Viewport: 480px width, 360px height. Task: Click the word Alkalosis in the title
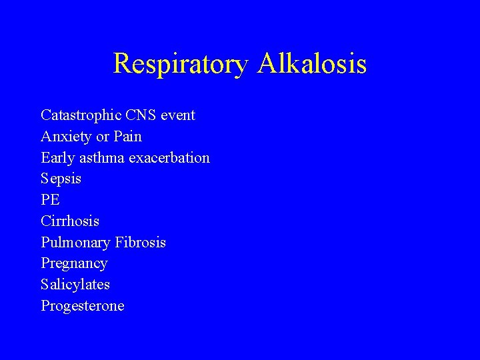pyautogui.click(x=312, y=64)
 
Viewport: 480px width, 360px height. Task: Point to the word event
pyautogui.click(x=179, y=115)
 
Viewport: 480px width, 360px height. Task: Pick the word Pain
pyautogui.click(x=127, y=137)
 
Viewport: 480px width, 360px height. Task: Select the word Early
pyautogui.click(x=57, y=158)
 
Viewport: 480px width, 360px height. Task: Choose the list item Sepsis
pyautogui.click(x=61, y=179)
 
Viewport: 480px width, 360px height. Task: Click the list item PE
pyautogui.click(x=51, y=200)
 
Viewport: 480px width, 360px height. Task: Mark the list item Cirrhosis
pyautogui.click(x=70, y=221)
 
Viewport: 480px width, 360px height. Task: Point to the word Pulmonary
pyautogui.click(x=74, y=243)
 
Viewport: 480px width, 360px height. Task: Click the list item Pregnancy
pyautogui.click(x=74, y=264)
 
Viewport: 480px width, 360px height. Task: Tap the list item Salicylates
pyautogui.click(x=75, y=285)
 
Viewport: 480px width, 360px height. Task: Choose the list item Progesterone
pyautogui.click(x=83, y=306)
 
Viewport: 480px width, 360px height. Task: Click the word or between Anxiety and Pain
pyautogui.click(x=102, y=137)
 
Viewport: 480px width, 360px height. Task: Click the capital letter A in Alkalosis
pyautogui.click(x=268, y=64)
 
